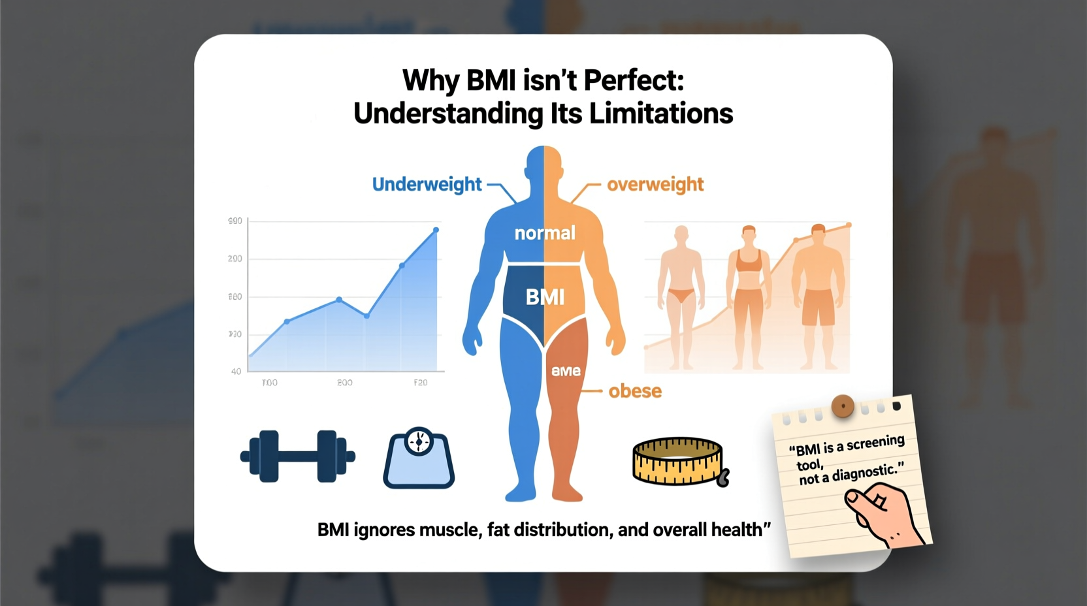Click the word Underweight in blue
427,185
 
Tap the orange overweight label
655,185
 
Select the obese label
635,391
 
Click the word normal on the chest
545,233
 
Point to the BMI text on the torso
545,297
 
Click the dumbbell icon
298,456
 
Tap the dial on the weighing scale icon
419,442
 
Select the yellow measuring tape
679,462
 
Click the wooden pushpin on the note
843,406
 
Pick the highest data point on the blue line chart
436,230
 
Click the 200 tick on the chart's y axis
235,259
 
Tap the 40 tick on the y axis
236,372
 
